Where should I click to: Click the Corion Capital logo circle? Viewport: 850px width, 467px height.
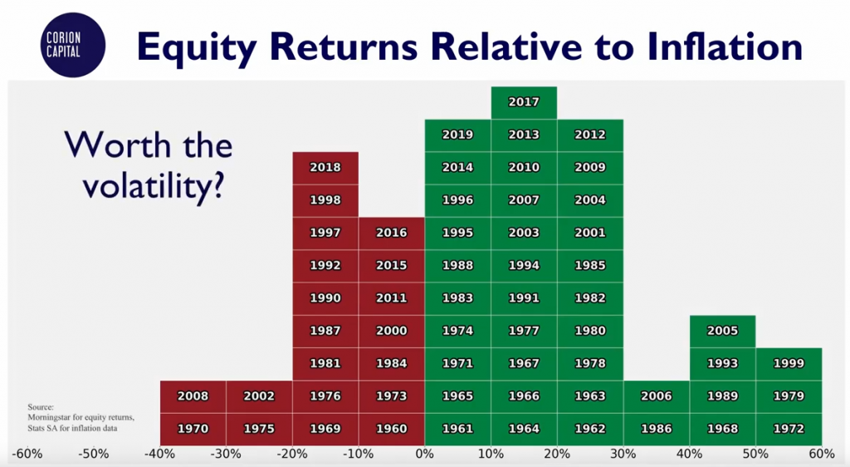[73, 45]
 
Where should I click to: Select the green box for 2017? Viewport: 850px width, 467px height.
[524, 102]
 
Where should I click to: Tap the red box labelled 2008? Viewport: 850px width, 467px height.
[193, 396]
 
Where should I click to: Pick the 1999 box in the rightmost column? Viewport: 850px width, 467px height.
[789, 364]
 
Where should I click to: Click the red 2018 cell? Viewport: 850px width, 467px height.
[325, 168]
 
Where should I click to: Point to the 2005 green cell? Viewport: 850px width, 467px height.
[723, 332]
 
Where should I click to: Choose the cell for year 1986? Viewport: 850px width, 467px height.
[657, 429]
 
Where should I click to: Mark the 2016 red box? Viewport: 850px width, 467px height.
[392, 233]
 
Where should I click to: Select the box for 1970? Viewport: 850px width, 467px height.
[193, 429]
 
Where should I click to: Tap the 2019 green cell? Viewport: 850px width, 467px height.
[457, 135]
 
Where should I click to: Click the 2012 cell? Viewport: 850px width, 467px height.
[590, 135]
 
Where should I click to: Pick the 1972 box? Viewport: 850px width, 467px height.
[789, 429]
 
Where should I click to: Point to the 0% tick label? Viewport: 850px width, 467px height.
[424, 454]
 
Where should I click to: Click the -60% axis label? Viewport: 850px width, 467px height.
[27, 454]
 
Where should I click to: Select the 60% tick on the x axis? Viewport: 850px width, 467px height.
[822, 454]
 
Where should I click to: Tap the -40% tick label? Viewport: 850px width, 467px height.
[160, 454]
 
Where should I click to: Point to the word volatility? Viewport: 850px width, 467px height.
[154, 187]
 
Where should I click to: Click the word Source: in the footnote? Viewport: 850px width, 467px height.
[41, 407]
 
